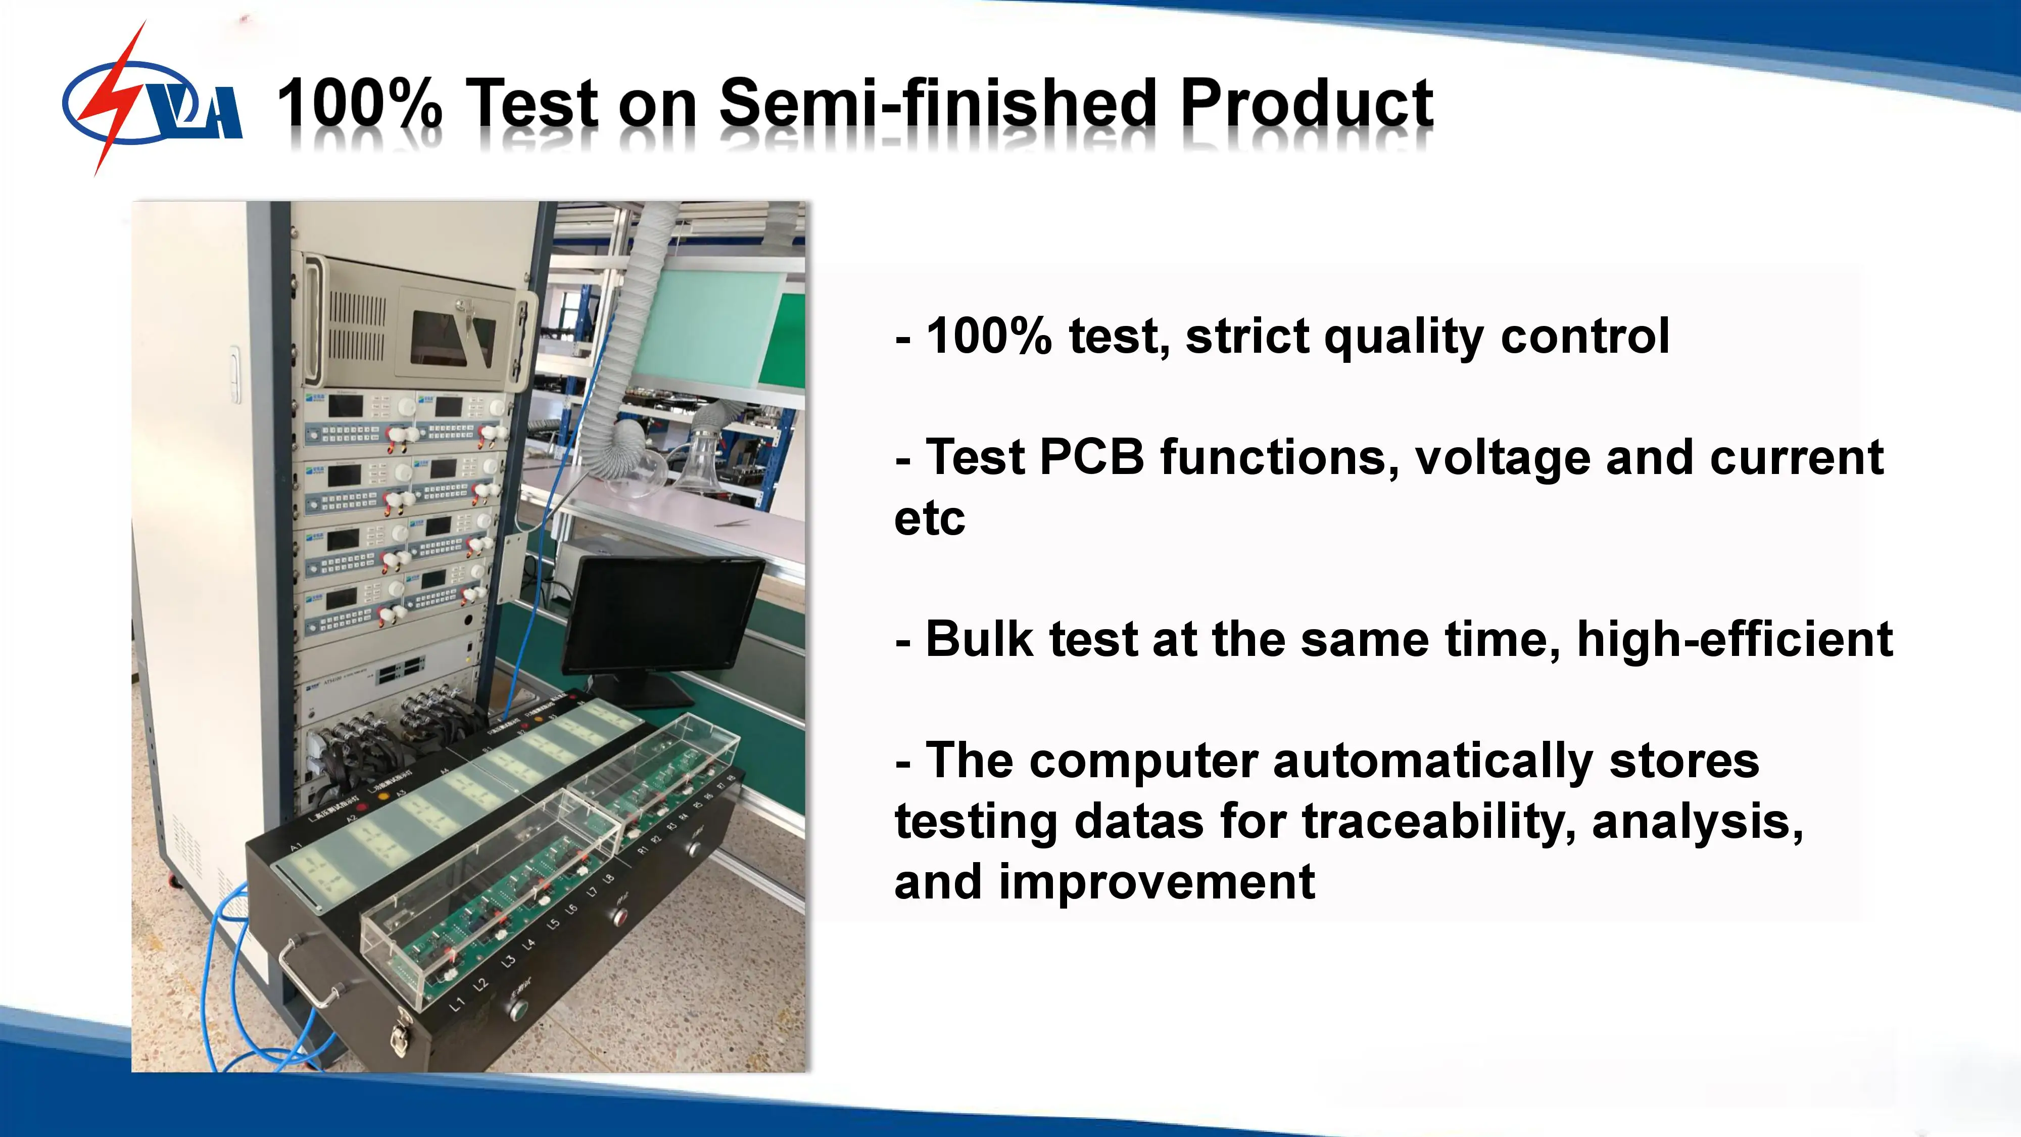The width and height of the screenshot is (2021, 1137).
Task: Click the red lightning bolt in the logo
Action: tap(118, 98)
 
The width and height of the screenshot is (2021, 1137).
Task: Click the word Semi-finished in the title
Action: tap(938, 102)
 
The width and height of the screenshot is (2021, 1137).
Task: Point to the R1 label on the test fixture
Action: tap(643, 850)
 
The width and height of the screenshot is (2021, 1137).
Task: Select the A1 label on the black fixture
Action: tap(296, 847)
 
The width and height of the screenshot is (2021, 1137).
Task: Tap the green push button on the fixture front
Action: tap(518, 1010)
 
